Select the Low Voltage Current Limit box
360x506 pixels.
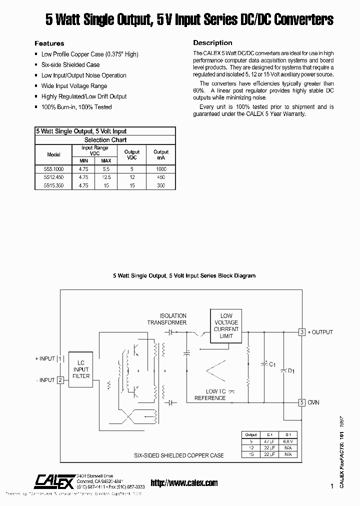pyautogui.click(x=226, y=326)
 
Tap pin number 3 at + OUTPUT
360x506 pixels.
pyautogui.click(x=302, y=332)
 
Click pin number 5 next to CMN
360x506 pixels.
pyautogui.click(x=302, y=402)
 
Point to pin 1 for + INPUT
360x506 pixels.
pyautogui.click(x=60, y=358)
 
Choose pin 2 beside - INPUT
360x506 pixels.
pyautogui.click(x=60, y=380)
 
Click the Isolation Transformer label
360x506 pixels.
pyautogui.click(x=166, y=319)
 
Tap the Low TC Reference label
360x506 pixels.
pyautogui.click(x=210, y=394)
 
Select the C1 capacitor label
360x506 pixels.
pyautogui.click(x=272, y=365)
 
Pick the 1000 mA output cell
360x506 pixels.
pyautogui.click(x=161, y=169)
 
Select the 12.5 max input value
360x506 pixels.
pyautogui.click(x=106, y=177)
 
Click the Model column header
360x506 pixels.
pyautogui.click(x=53, y=154)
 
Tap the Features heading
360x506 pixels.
pyautogui.click(x=49, y=43)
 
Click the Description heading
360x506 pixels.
pyautogui.click(x=212, y=43)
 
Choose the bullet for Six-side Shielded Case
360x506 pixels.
pyautogui.click(x=36, y=65)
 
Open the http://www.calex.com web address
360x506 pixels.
pyautogui.click(x=184, y=482)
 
